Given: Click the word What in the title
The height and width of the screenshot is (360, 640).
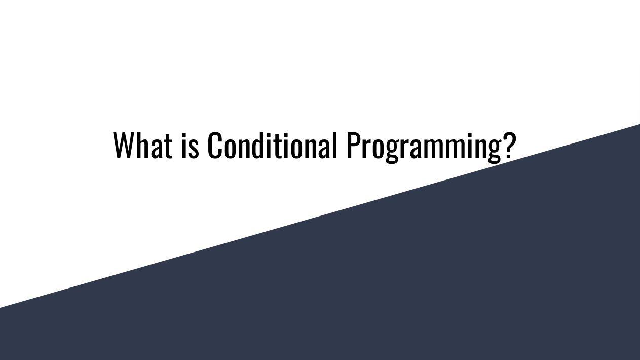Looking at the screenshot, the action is (143, 145).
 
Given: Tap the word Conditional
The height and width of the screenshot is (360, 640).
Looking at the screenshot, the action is (272, 145).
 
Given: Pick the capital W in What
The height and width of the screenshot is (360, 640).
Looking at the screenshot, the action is (124, 145).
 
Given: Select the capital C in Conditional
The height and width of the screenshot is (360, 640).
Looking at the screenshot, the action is (215, 145).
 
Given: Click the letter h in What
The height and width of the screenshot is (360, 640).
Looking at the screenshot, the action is (143, 145).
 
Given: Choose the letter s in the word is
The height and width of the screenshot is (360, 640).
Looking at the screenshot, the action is (194, 149).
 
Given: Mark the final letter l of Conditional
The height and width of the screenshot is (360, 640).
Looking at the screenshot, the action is (334, 145).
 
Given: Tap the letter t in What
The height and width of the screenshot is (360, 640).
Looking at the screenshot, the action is (168, 147).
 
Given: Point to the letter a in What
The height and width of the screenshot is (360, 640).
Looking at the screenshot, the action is (157, 149).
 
